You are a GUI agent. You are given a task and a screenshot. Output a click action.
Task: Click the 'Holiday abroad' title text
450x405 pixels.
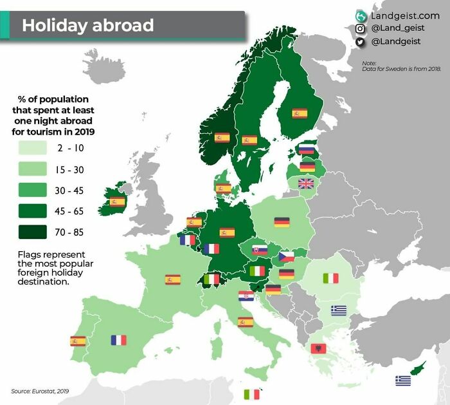tap(88, 25)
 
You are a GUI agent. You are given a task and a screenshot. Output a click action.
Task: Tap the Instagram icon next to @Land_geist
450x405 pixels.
tap(360, 28)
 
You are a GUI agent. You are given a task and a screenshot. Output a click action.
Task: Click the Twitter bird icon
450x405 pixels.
tap(360, 42)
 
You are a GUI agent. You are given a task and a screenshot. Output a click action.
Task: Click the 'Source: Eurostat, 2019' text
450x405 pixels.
tap(40, 391)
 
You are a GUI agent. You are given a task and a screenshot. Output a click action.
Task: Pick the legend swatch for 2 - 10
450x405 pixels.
tap(32, 148)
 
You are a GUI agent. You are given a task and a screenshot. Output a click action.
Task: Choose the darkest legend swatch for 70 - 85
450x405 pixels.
tap(32, 232)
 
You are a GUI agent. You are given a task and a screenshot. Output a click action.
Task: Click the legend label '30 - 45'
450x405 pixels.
tap(70, 191)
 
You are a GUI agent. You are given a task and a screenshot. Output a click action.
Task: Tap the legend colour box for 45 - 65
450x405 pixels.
tap(32, 211)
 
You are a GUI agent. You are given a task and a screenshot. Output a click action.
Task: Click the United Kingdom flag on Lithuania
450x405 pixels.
tap(306, 184)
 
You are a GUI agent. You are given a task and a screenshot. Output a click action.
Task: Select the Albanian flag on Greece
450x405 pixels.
tap(318, 348)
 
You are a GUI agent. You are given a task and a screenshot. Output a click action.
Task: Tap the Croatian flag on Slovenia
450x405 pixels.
tap(245, 296)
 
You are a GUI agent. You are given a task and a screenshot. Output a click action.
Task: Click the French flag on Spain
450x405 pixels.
tap(118, 340)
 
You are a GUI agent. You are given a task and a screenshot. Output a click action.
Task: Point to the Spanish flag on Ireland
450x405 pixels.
tap(117, 202)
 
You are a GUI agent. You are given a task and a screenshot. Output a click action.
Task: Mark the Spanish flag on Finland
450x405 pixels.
tap(300, 113)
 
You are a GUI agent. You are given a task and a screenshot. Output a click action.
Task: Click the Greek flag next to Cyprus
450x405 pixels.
tap(403, 381)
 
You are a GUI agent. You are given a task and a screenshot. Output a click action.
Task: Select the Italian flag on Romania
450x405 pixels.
tap(330, 278)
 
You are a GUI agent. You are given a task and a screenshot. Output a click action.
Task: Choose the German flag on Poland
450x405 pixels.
tap(282, 222)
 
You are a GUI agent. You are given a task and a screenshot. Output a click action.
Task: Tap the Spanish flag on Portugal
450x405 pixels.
tap(78, 341)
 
